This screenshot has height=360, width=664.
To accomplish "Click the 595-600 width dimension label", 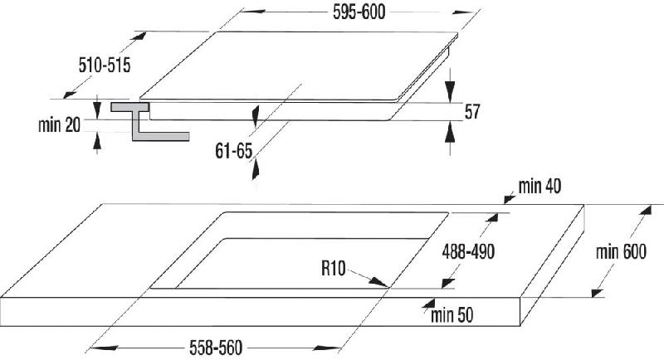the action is pos(359,12).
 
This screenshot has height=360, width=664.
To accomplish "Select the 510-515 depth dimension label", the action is pos(105,66).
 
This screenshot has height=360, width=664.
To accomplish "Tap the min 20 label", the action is pos(59,124).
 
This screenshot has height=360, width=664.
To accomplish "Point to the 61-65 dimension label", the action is pos(234,151).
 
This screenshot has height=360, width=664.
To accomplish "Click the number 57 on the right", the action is pos(472,112).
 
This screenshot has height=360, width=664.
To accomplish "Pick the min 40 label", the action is pos(540,186).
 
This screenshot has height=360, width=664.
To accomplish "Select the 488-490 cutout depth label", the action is pos(468,252).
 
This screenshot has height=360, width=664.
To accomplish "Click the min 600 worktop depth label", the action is pos(621,252).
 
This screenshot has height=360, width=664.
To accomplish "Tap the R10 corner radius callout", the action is pos(334,268).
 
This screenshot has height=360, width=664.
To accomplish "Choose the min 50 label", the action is pos(452,315).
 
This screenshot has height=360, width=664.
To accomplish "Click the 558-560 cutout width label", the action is pos(216,348).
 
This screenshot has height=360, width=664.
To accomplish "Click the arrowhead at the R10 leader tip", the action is pos(379,282).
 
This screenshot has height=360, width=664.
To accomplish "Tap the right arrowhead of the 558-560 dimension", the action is pos(327,348).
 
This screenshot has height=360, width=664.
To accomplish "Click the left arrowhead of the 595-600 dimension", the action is pos(253,11).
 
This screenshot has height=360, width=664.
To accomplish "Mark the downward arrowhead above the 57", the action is pos(450,91).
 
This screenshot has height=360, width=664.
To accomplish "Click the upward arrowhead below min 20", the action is pos(97,141).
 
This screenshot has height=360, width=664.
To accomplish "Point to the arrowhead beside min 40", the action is pos(509,198).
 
